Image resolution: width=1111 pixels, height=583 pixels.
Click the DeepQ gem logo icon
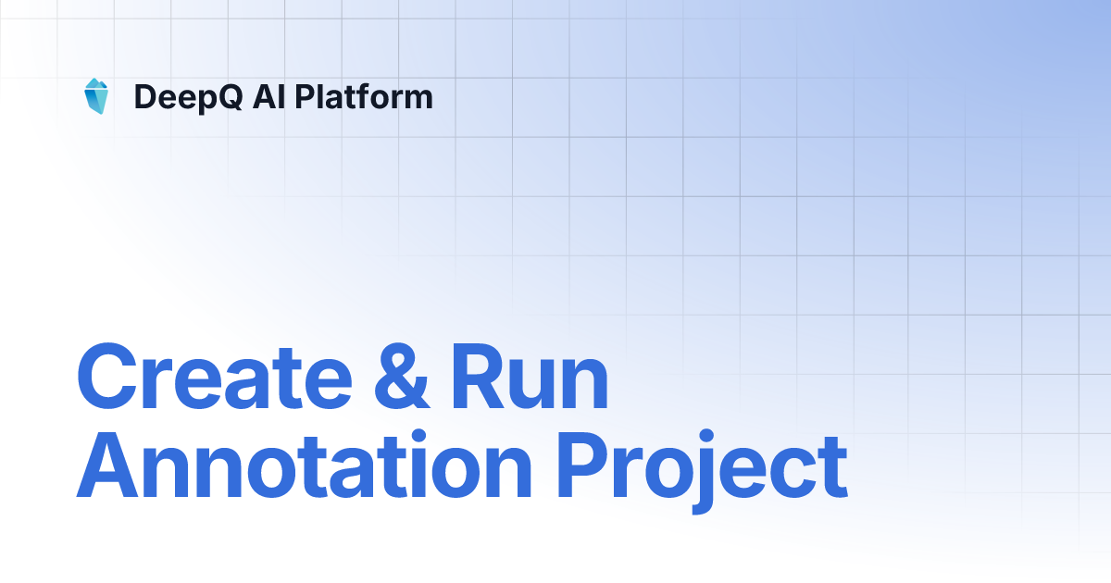pos(95,96)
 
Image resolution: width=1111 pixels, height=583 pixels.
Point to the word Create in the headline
pos(213,378)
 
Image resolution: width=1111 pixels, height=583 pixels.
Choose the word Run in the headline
pos(530,378)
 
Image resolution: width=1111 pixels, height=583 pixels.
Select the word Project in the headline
pos(704,467)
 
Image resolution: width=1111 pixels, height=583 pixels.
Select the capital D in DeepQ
pos(144,97)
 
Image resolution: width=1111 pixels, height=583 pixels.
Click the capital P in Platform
pos(306,96)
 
